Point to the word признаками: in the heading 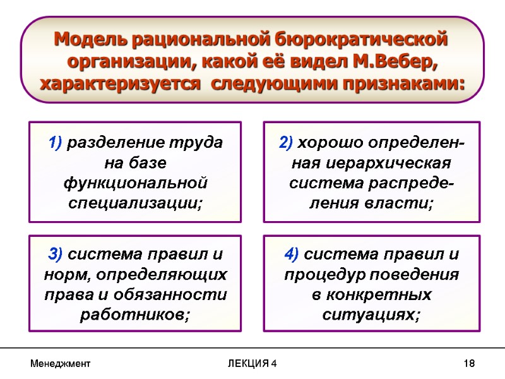pyautogui.click(x=399, y=83)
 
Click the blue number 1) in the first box pyautogui.click(x=55, y=142)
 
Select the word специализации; pyautogui.click(x=135, y=204)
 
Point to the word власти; pyautogui.click(x=401, y=204)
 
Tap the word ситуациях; pyautogui.click(x=371, y=316)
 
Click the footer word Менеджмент pyautogui.click(x=62, y=364)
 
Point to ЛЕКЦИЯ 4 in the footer pyautogui.click(x=252, y=364)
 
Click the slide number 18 pyautogui.click(x=468, y=364)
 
